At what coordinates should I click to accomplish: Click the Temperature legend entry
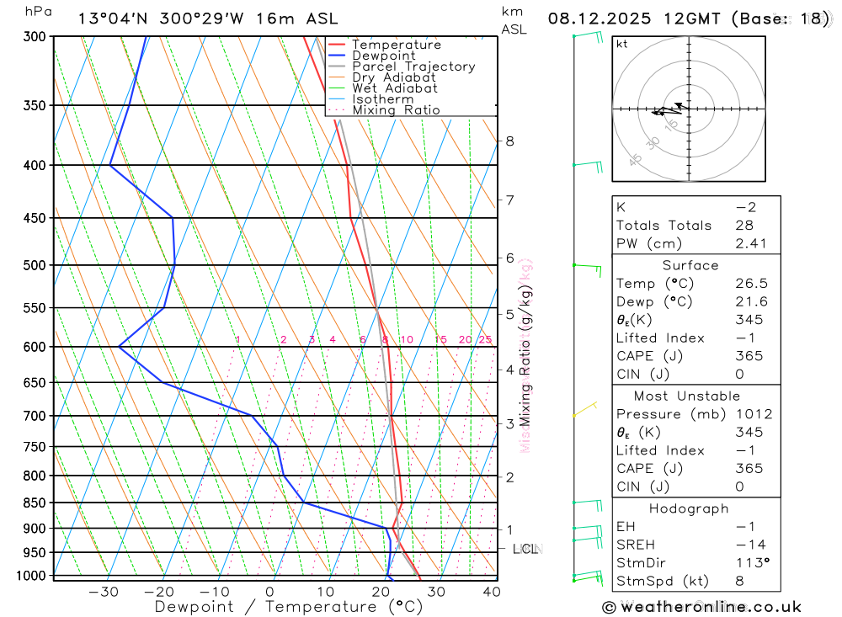396,45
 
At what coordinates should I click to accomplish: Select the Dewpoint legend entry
383,56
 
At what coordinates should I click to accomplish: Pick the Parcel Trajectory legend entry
413,66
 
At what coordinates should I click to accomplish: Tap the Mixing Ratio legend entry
396,109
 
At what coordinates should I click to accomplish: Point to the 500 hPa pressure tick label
36,265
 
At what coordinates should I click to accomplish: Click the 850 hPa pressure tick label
36,503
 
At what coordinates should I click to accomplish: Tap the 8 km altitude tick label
509,141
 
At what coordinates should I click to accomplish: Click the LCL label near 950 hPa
525,550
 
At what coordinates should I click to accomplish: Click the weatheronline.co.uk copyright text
701,607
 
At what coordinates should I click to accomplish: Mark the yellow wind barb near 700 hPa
584,410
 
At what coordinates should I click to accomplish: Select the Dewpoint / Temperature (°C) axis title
288,607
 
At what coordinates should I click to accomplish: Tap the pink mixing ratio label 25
485,339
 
